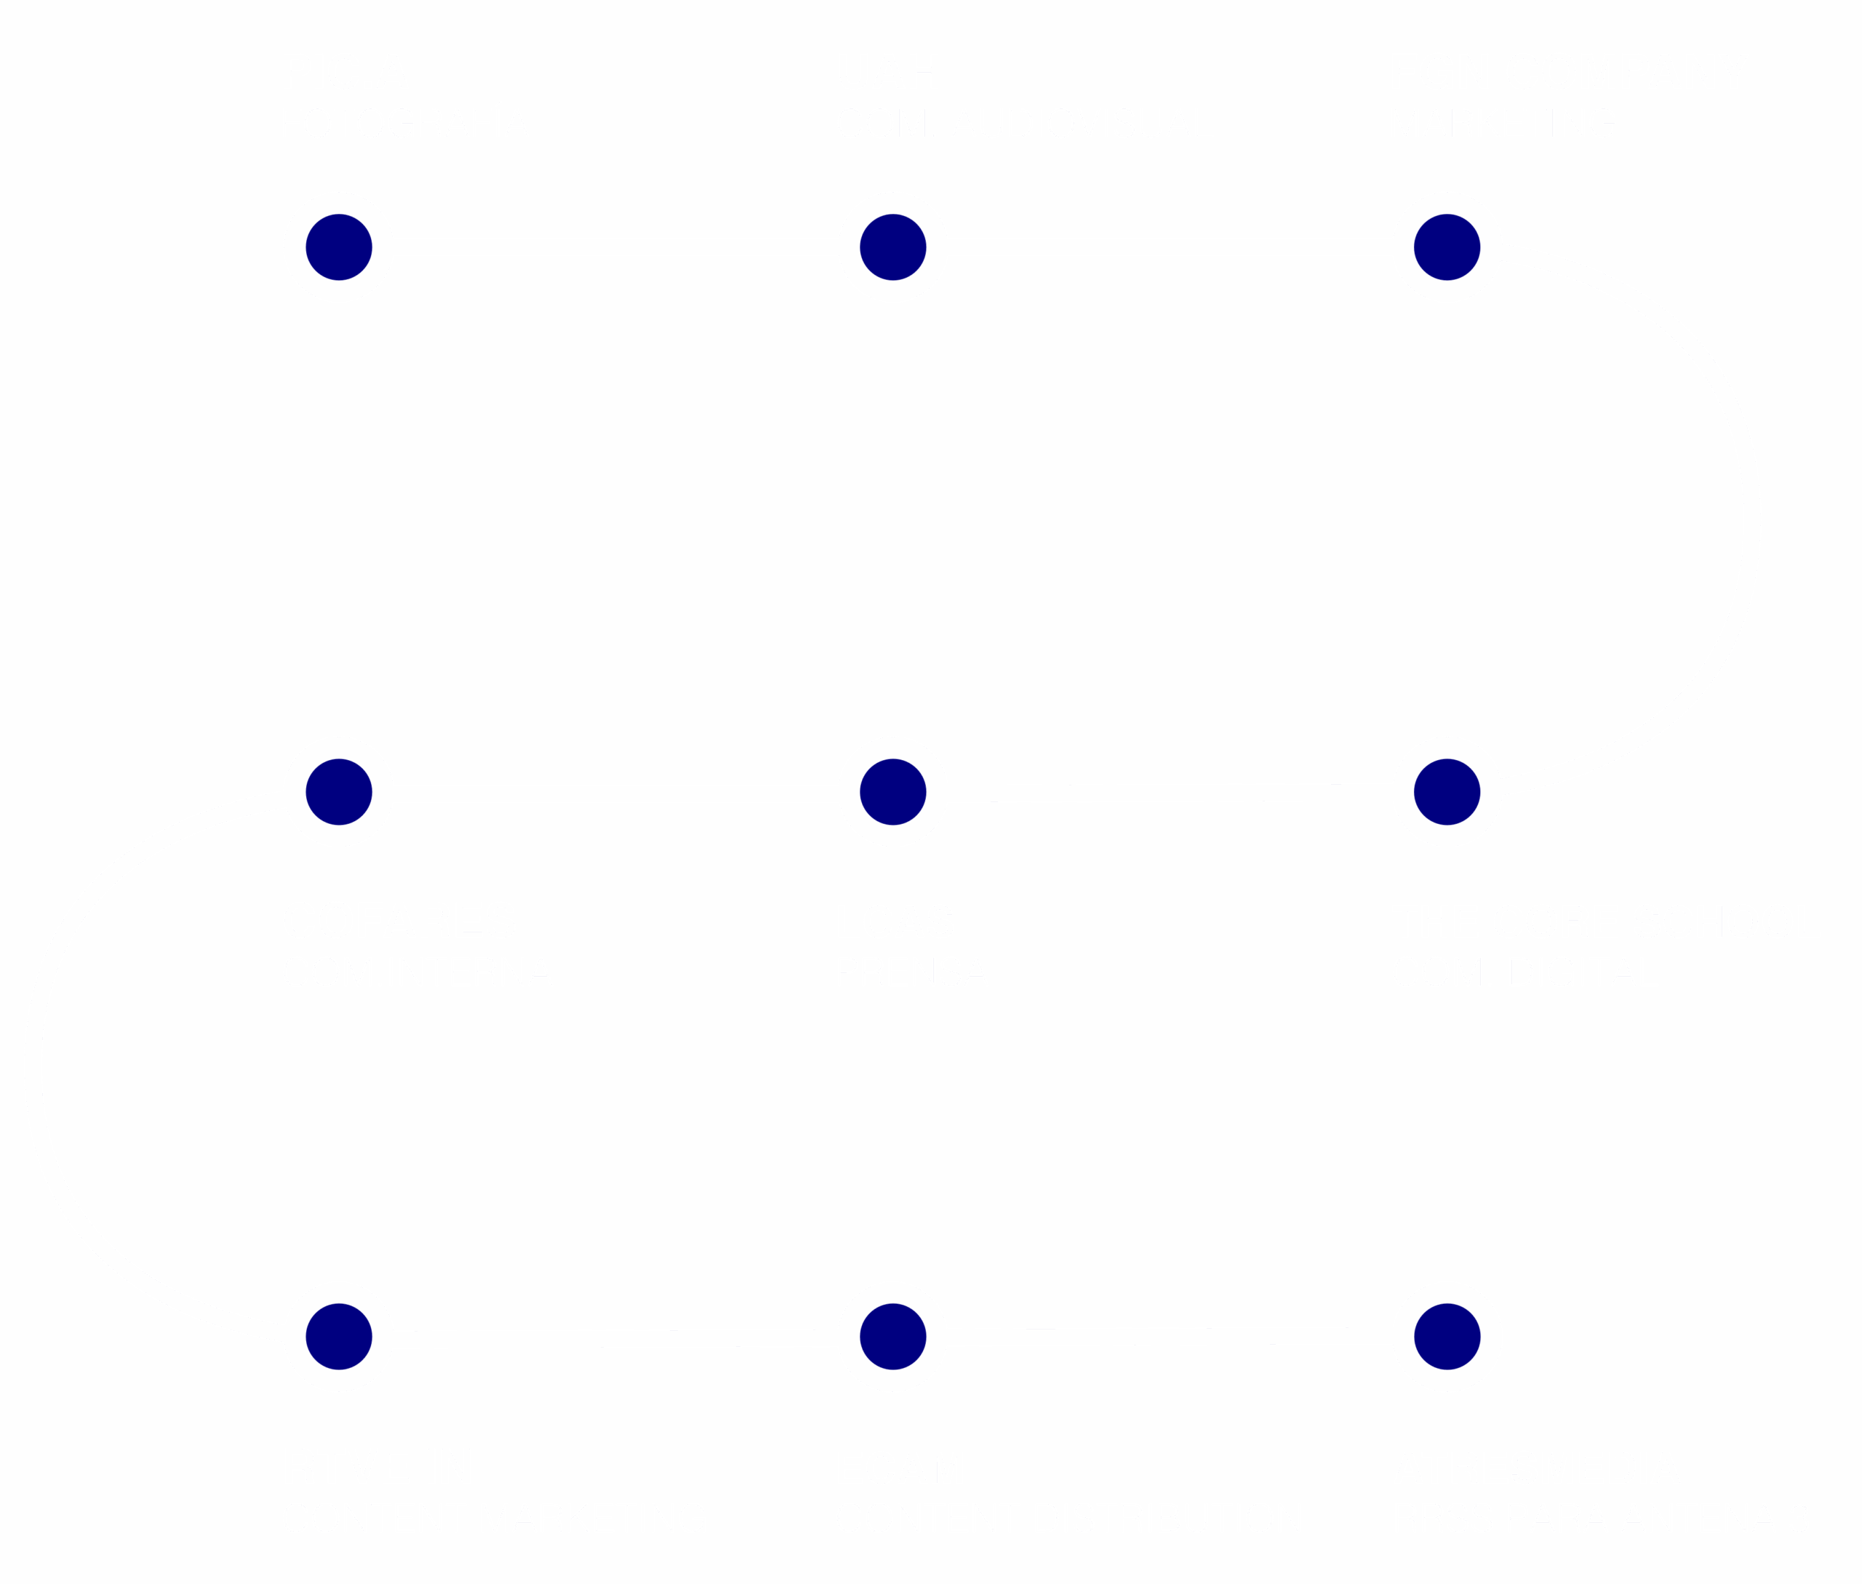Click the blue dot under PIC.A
click(x=339, y=247)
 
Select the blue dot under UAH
click(x=893, y=247)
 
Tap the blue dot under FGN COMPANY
click(x=1447, y=247)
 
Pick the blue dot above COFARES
click(x=339, y=792)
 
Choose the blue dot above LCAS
click(x=893, y=792)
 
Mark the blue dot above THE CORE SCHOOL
click(x=1447, y=792)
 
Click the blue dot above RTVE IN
click(x=339, y=1336)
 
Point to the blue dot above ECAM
click(x=893, y=1336)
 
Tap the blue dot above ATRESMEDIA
click(x=1447, y=1336)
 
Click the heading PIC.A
click(x=345, y=71)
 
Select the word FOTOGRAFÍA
click(x=405, y=123)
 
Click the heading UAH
click(x=888, y=71)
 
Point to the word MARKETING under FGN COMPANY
click(x=1503, y=123)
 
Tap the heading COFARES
click(x=400, y=921)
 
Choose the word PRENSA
click(x=911, y=972)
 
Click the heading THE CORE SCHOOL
click(x=1605, y=921)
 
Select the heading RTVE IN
click(x=377, y=1466)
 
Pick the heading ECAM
click(x=899, y=1467)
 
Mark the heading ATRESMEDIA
click(x=1536, y=1467)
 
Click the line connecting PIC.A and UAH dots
click(x=615, y=247)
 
